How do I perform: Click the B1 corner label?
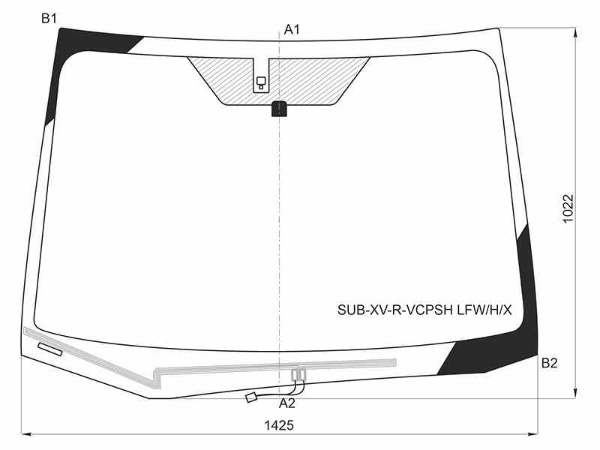[49, 18]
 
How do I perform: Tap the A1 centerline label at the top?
[292, 29]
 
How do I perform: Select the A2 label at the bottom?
[287, 403]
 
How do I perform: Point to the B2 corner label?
[550, 363]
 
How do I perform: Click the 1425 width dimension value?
[279, 425]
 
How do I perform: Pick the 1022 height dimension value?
[568, 208]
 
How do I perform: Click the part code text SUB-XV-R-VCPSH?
[395, 310]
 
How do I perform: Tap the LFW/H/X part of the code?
[484, 310]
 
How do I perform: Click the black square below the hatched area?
[279, 109]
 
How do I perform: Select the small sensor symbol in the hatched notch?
[261, 82]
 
